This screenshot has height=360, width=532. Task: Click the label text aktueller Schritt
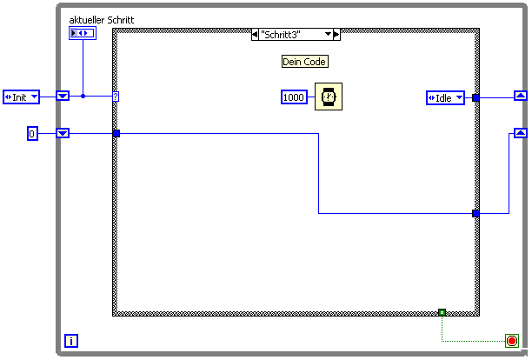[101, 19]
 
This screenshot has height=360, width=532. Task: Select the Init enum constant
[21, 97]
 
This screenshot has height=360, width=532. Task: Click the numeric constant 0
[32, 133]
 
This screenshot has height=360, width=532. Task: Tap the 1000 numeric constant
[295, 97]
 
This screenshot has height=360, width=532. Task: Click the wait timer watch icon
[328, 97]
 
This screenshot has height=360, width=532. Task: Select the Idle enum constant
[446, 98]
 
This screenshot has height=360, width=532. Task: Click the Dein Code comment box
[304, 62]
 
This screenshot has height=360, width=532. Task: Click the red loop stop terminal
[511, 341]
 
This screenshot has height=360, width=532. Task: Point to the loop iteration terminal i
[72, 341]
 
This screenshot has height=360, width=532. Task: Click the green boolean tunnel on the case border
[442, 311]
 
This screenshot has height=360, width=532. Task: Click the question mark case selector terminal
[116, 97]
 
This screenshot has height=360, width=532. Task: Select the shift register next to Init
[63, 96]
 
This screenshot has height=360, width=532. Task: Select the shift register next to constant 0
[63, 133]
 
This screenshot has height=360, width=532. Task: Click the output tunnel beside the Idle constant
[475, 98]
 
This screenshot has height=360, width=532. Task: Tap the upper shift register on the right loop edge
[520, 96]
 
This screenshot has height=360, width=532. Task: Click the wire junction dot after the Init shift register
[83, 96]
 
